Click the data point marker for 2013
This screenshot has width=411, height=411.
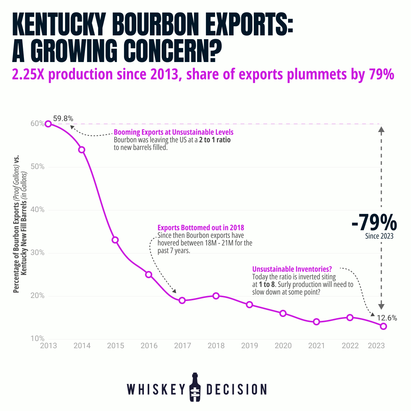48,124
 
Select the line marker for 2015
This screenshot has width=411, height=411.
115,240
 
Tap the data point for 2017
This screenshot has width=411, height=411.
182,300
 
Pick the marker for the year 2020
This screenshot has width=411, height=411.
283,313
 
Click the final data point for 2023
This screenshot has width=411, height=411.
383,326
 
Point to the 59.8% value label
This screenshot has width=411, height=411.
63,118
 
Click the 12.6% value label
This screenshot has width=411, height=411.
387,318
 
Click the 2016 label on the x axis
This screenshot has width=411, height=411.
149,346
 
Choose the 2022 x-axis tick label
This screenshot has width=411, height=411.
350,346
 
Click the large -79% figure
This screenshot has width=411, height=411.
374,223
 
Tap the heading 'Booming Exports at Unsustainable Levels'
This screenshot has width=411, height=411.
174,132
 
